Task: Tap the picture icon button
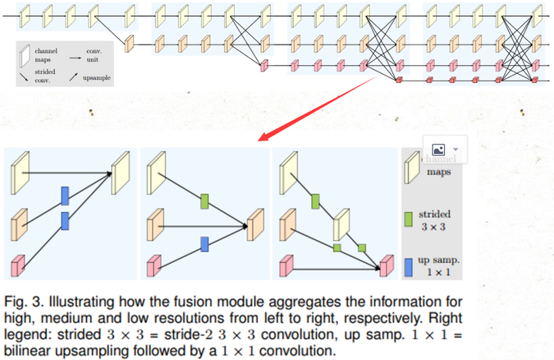point(440,148)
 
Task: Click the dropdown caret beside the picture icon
point(456,148)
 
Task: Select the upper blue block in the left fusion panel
point(65,195)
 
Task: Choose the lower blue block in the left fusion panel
point(65,222)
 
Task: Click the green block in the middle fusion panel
point(205,202)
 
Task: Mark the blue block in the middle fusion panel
point(205,244)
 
